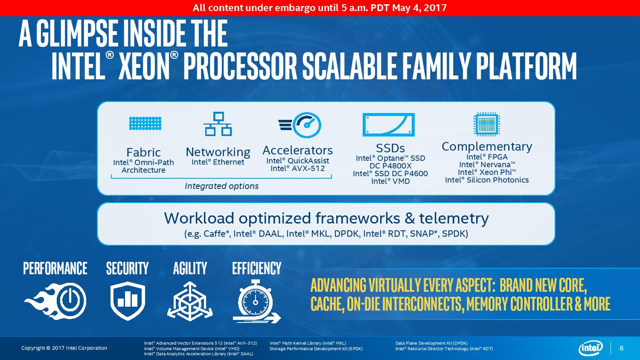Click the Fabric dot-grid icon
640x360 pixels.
145,123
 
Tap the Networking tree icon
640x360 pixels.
218,124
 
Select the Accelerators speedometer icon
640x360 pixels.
300,125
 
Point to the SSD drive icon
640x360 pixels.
389,125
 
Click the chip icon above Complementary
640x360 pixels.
486,124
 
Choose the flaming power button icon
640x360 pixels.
55,301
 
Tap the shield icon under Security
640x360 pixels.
128,300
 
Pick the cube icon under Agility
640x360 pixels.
190,301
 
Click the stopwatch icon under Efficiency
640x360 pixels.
257,302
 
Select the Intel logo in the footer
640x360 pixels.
591,348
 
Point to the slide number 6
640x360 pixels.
621,348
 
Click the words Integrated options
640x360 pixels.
221,186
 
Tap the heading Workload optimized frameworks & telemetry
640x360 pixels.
326,218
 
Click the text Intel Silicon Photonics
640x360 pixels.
487,180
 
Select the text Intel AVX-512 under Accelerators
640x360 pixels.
298,168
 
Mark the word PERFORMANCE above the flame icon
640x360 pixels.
55,268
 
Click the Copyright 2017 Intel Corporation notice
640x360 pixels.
64,348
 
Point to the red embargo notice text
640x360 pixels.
320,8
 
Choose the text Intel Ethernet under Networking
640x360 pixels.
218,162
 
